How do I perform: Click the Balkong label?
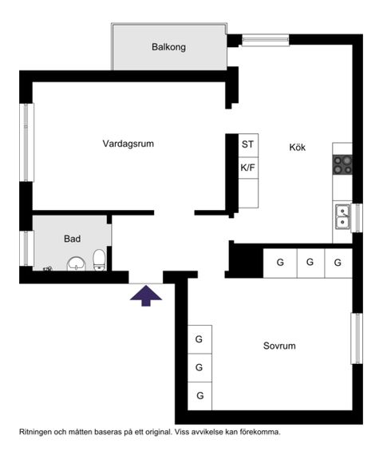click(x=168, y=47)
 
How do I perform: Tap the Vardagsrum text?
click(x=128, y=144)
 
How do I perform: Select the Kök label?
click(x=297, y=148)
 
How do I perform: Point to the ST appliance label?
click(x=247, y=144)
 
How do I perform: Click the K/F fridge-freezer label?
click(x=247, y=168)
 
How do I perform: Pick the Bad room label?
click(x=72, y=239)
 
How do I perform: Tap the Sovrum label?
click(x=279, y=346)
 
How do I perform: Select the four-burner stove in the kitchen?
click(x=342, y=164)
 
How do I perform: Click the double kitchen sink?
click(x=342, y=216)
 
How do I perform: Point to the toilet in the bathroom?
click(x=99, y=259)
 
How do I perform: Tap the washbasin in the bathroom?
click(x=77, y=263)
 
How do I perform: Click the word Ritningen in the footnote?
click(x=38, y=432)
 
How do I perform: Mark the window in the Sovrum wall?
click(x=357, y=338)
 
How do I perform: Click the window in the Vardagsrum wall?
click(x=26, y=142)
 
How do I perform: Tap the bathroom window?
click(x=26, y=248)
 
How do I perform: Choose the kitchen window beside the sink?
click(x=357, y=218)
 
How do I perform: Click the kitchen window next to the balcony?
click(x=265, y=39)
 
